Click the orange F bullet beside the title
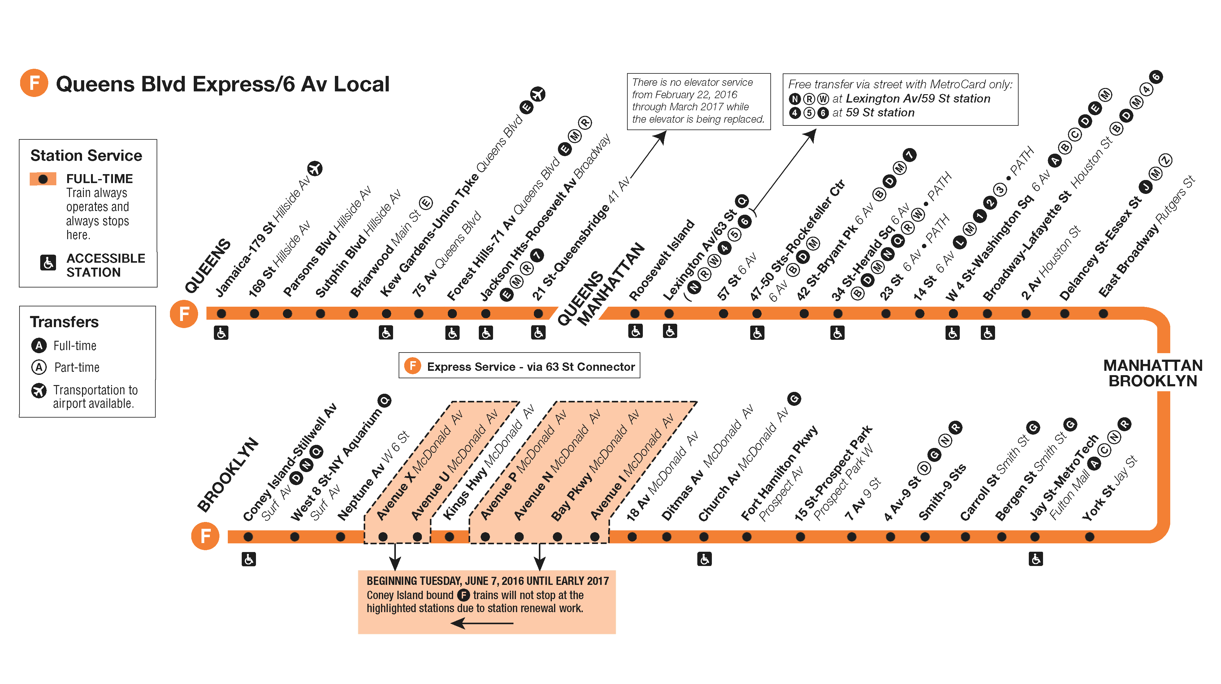[34, 83]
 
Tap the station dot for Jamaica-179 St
[221, 313]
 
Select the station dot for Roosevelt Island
[635, 313]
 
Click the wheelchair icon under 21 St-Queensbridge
[538, 332]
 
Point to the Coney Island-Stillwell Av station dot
[248, 537]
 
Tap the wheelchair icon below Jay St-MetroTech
[1036, 559]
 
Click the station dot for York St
[1090, 537]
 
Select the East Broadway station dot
[1103, 313]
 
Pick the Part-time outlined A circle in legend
[39, 367]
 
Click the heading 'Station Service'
[86, 156]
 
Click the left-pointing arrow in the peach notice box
[482, 623]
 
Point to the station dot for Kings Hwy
[449, 537]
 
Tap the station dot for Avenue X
[383, 537]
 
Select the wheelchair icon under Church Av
[704, 559]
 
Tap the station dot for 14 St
[920, 313]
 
